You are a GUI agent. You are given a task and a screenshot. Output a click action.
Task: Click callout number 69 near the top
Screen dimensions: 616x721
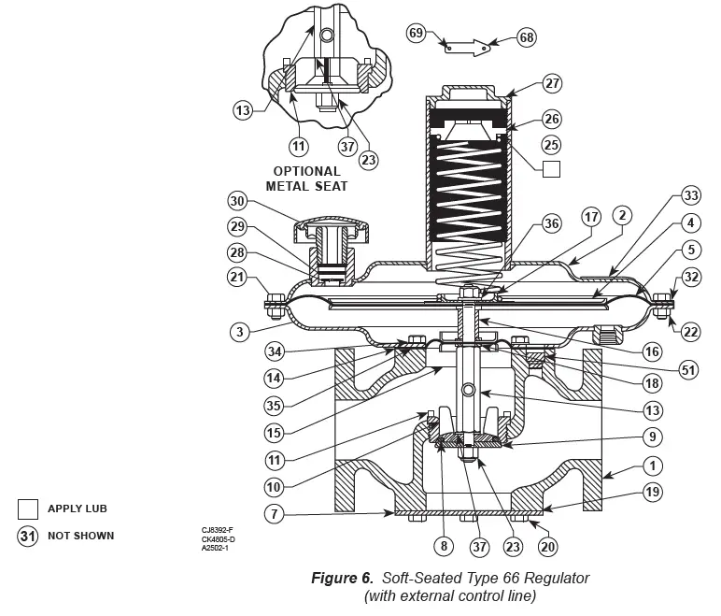417,33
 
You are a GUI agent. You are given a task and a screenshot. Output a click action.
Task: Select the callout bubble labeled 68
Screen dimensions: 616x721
527,38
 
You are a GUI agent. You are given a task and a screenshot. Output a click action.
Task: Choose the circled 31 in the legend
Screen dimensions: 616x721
28,536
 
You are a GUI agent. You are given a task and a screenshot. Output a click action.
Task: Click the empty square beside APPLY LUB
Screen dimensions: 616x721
28,509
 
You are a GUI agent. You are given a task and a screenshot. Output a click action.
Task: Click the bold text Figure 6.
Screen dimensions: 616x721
344,579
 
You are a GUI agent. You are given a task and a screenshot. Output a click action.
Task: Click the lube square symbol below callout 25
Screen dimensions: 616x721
551,169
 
